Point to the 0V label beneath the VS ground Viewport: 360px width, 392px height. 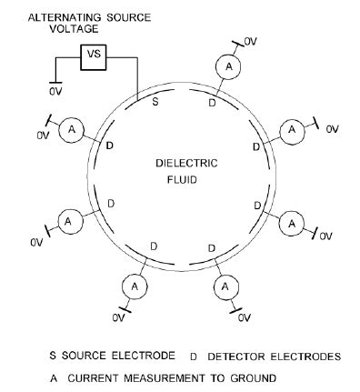[x=56, y=91]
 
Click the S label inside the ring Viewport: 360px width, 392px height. [x=155, y=103]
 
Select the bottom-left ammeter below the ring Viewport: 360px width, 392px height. [x=134, y=286]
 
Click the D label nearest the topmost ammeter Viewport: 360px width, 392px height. [x=212, y=103]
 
